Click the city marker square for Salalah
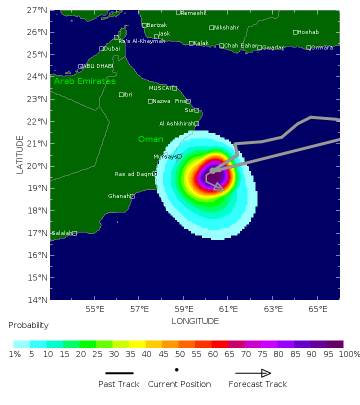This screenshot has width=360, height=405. (x=74, y=233)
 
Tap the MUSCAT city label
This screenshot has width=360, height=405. (x=160, y=88)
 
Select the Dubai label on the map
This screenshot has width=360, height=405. (x=112, y=48)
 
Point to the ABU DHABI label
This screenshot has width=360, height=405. (x=98, y=66)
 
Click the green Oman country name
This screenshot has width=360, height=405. (x=150, y=139)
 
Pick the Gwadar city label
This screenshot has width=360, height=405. (x=273, y=47)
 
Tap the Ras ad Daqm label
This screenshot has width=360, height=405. (x=133, y=174)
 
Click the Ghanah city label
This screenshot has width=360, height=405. (x=118, y=196)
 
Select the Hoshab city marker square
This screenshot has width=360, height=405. (x=295, y=32)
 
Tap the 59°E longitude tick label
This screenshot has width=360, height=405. (x=183, y=309)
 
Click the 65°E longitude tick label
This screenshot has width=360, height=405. (x=317, y=309)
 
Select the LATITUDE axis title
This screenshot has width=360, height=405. (x=20, y=154)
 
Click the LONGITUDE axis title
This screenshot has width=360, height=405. (x=195, y=321)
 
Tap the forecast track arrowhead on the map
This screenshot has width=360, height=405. (x=218, y=187)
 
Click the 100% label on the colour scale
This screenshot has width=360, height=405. (x=349, y=354)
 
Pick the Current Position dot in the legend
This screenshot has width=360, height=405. (x=177, y=370)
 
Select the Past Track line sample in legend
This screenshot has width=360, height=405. (x=119, y=373)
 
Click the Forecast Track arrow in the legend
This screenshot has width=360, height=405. (x=253, y=373)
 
